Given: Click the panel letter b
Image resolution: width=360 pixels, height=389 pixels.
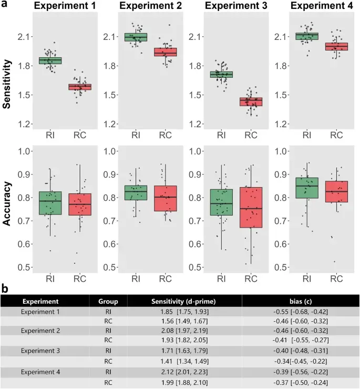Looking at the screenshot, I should tap(5, 289).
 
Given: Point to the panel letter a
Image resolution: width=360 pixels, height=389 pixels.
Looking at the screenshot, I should tap(5, 5).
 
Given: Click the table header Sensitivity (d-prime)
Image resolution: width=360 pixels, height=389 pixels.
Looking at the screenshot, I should tap(184, 302).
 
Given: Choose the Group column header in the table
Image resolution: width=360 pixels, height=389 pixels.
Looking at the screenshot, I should tap(108, 302).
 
